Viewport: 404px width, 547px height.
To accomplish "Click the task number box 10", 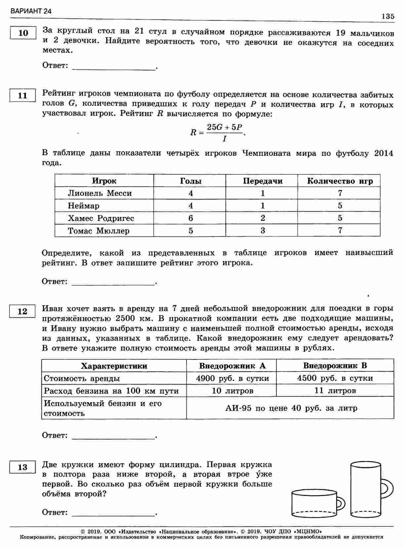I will tap(23, 33).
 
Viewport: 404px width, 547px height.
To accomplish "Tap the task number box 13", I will tap(22, 467).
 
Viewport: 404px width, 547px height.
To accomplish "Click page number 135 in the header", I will tap(387, 17).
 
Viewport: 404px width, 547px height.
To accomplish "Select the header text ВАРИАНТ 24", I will tap(31, 11).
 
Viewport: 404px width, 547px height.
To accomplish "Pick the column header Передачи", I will tap(263, 181).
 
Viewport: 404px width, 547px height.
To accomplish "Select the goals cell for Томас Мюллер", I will tap(190, 231).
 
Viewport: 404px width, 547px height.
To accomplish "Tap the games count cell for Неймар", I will tap(340, 206).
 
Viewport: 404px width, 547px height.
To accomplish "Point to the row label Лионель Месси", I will tap(100, 193).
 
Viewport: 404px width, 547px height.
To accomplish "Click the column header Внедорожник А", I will tap(232, 366).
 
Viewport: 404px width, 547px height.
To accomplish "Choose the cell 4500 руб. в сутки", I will tap(335, 378).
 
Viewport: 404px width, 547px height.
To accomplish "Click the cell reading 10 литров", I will tap(232, 391).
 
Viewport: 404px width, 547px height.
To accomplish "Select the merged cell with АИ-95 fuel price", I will tap(291, 408).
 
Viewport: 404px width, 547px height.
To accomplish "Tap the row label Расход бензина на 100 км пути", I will tap(111, 391).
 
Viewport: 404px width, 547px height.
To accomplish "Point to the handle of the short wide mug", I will tap(341, 504).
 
